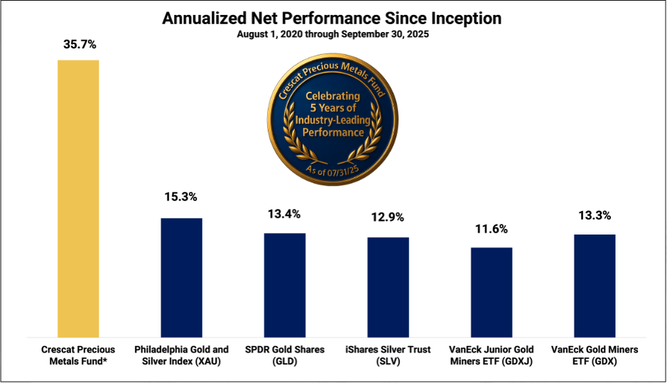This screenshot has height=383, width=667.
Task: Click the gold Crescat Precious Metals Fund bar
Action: point(78,198)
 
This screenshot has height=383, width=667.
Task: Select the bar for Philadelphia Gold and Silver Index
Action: point(181,277)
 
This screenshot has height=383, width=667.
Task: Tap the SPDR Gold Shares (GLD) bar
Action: point(285,285)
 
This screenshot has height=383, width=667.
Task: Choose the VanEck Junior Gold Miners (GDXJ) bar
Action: point(492,292)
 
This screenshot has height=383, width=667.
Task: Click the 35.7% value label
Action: point(78,44)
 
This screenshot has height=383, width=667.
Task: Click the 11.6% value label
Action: point(492,229)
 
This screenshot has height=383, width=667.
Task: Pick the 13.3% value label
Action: point(595,215)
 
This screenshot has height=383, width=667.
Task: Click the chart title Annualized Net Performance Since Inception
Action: point(332,18)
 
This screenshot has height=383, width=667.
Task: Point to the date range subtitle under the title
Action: point(332,34)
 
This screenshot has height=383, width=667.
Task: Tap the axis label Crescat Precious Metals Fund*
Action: point(78,355)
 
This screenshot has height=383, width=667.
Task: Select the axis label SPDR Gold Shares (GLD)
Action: point(285,355)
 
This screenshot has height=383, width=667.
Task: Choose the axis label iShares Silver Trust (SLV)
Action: point(388,355)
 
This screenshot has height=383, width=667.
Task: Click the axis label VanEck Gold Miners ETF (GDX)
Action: point(595,355)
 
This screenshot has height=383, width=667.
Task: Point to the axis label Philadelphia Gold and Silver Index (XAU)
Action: point(181,355)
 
